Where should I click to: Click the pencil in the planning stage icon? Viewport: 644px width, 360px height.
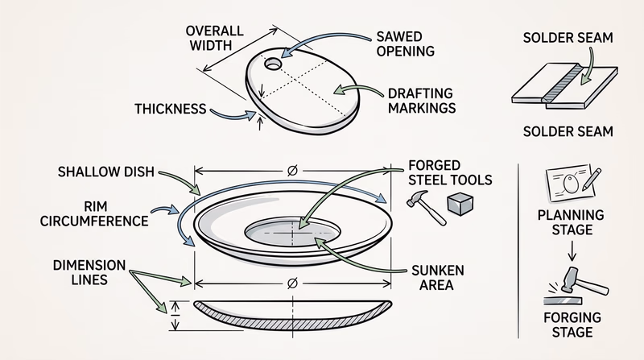[x=592, y=178]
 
